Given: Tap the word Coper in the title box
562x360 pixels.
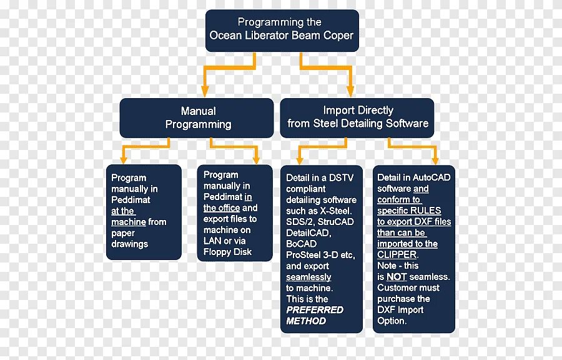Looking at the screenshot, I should click(338, 36).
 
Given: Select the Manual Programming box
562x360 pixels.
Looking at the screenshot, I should click(197, 117).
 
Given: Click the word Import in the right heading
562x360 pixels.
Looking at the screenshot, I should click(338, 111).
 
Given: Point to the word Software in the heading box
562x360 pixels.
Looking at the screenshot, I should click(407, 124).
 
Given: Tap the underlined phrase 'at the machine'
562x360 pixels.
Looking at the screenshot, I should click(129, 216).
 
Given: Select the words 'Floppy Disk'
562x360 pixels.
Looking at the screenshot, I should click(228, 252).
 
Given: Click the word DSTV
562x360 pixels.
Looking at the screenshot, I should click(341, 178).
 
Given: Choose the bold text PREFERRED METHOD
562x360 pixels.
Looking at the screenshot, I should click(315, 315).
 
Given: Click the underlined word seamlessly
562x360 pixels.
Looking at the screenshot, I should click(308, 277).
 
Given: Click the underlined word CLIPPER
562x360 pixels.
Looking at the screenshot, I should click(397, 255).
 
